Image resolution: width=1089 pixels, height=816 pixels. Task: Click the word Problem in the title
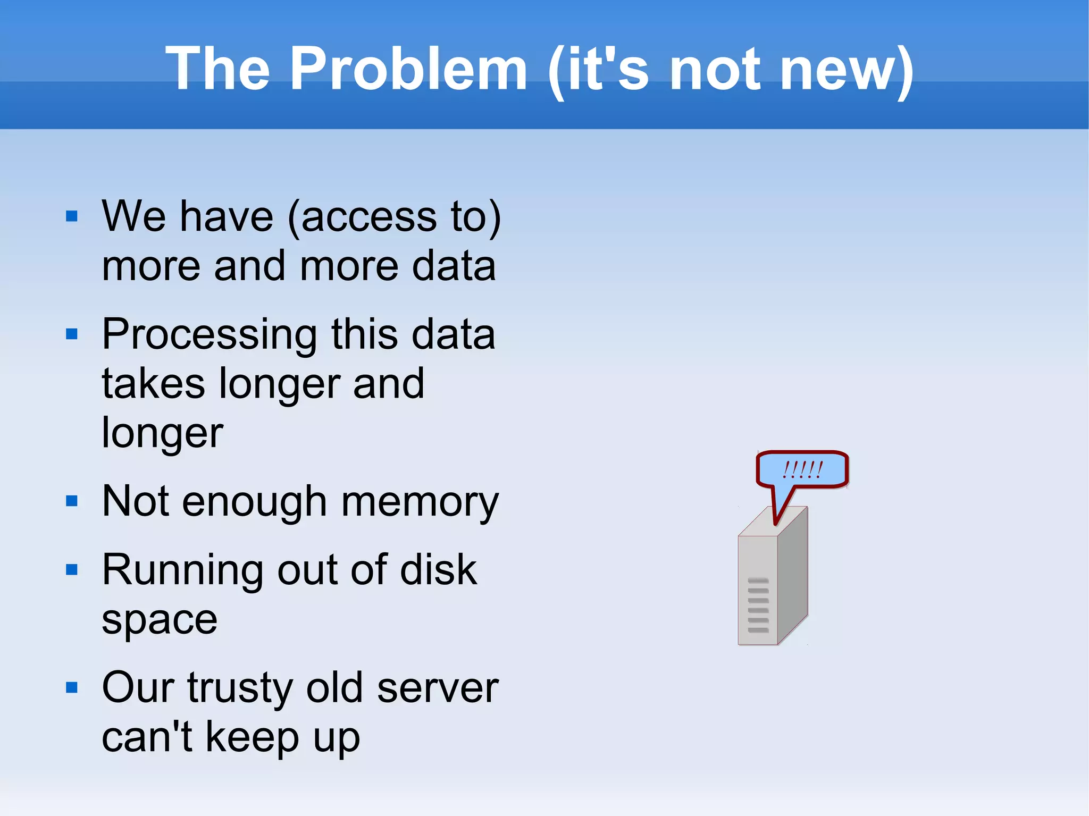point(408,69)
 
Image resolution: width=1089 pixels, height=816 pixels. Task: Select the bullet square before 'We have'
point(72,216)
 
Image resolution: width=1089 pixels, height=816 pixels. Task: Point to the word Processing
point(210,335)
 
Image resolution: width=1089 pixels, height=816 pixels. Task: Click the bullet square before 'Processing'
point(72,334)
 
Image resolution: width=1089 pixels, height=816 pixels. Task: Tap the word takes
point(153,383)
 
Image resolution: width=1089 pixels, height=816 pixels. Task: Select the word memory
point(420,502)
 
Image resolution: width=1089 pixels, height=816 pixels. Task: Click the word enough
point(254,502)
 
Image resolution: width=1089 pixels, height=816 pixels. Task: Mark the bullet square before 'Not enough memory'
point(72,501)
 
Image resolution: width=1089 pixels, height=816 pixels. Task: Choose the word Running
point(182,570)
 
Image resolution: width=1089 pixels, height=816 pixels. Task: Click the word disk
point(438,570)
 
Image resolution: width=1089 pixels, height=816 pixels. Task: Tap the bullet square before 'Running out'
point(72,570)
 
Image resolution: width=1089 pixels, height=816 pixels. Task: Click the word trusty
point(239,688)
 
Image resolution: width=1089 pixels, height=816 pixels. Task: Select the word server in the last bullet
point(438,688)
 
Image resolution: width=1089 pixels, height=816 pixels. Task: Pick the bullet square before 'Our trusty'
point(72,688)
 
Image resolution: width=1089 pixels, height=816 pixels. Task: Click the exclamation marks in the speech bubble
point(802,469)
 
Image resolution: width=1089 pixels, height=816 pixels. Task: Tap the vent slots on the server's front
point(758,605)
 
